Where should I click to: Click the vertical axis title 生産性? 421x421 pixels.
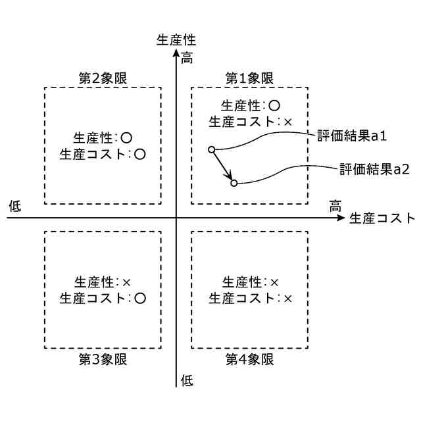[x=176, y=39]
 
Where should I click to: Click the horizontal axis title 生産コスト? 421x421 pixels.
[x=382, y=218]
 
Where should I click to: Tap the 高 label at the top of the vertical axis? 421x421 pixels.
[x=187, y=58]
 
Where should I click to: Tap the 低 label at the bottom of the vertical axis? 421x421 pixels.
[x=187, y=380]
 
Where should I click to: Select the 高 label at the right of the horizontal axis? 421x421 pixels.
[x=335, y=206]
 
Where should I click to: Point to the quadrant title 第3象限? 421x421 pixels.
[x=102, y=359]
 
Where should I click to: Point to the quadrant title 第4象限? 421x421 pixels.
[x=249, y=359]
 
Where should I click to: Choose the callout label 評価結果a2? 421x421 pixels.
[x=370, y=169]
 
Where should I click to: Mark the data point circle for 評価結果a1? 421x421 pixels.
[x=212, y=150]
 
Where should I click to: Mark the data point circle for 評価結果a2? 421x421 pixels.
[x=234, y=183]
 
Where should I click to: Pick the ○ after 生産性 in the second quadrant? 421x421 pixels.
[x=127, y=138]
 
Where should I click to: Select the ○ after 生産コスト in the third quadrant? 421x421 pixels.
[x=139, y=298]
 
